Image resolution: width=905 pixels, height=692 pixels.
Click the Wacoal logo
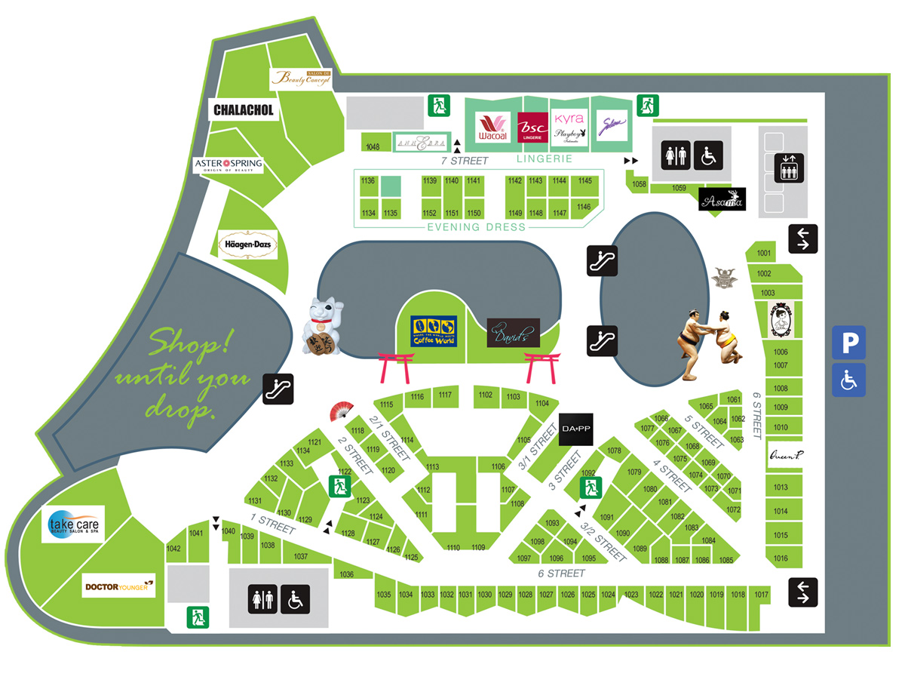(x=492, y=128)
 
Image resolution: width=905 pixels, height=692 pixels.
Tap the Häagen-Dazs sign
(x=247, y=245)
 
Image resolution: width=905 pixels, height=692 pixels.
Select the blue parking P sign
(x=848, y=343)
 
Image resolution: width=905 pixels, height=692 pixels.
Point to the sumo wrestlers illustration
(x=707, y=344)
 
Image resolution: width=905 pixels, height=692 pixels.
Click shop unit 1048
(x=372, y=146)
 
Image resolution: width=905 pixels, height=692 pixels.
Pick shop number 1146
(x=583, y=207)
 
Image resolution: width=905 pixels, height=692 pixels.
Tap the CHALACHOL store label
(x=243, y=110)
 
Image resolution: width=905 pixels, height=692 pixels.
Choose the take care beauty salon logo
(x=73, y=524)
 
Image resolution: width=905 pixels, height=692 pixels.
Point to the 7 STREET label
(x=465, y=161)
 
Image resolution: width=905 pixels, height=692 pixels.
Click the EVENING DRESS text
(x=476, y=227)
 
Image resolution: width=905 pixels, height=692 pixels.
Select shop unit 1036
(x=347, y=574)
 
